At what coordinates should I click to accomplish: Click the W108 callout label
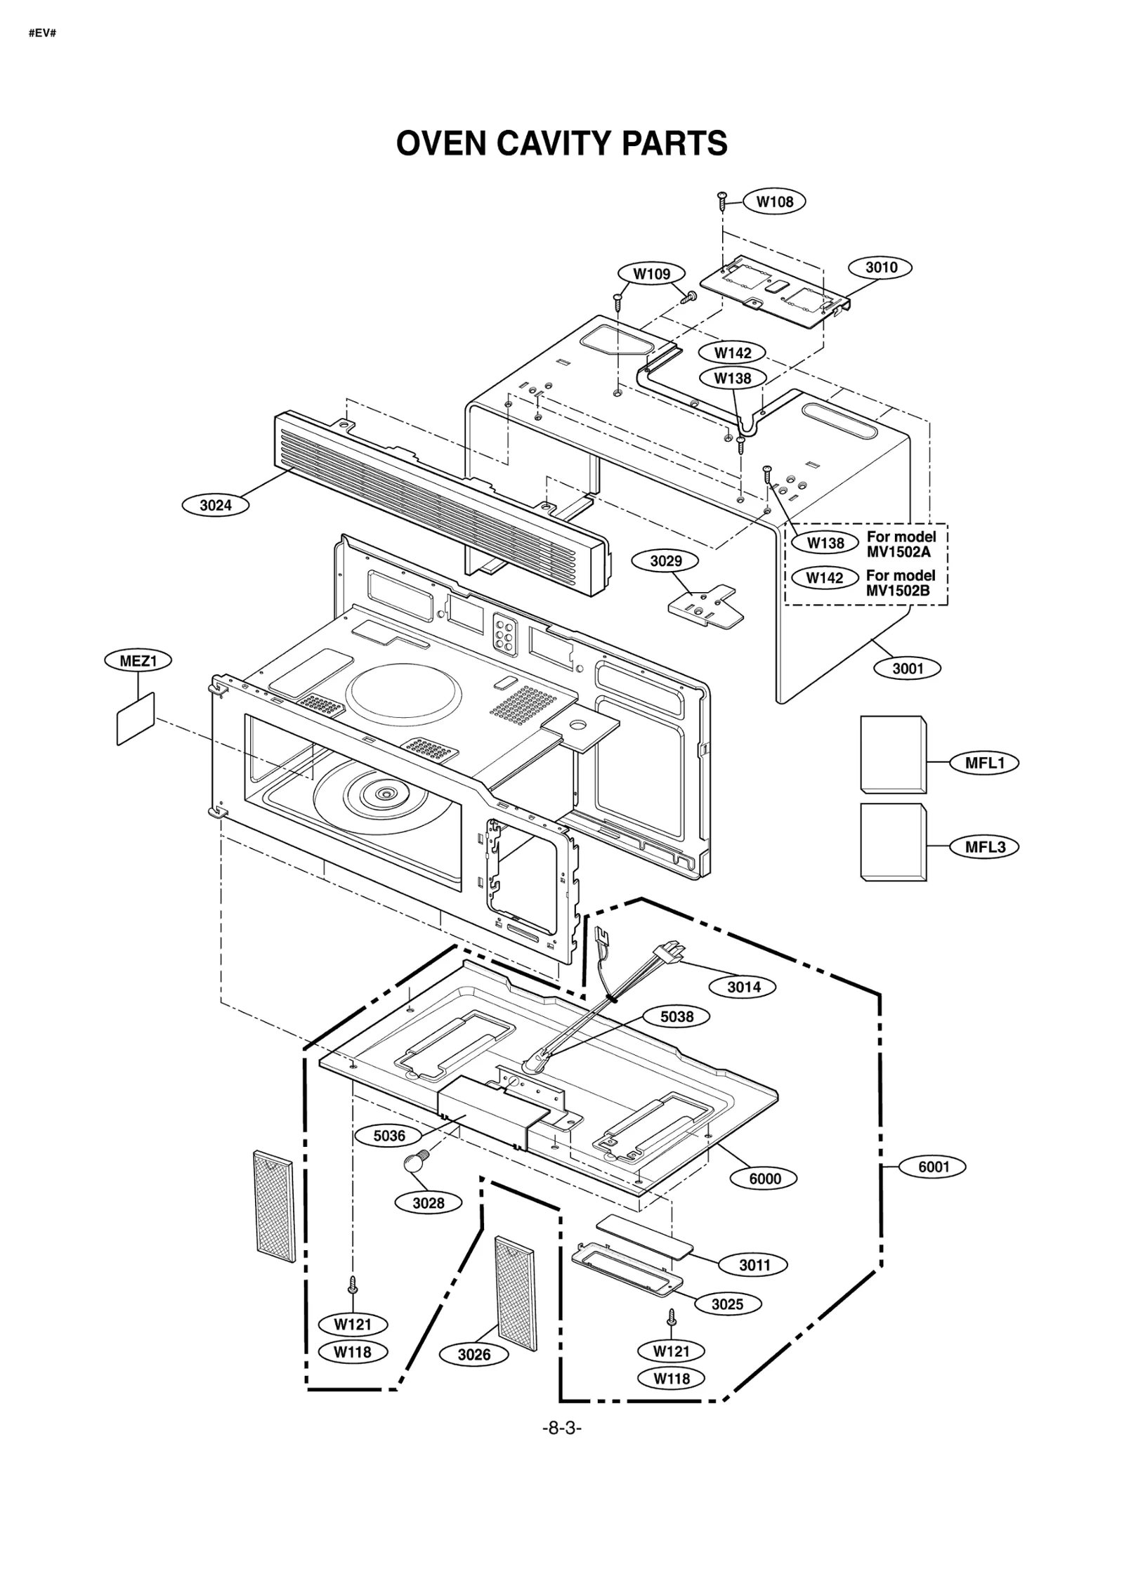(x=774, y=202)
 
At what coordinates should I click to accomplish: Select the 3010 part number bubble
(x=880, y=267)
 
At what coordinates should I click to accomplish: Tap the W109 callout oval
(x=651, y=274)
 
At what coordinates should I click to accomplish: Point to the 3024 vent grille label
(x=215, y=505)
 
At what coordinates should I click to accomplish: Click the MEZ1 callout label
(x=138, y=660)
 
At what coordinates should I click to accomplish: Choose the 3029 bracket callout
(x=665, y=560)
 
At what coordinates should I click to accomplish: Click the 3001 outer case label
(x=907, y=668)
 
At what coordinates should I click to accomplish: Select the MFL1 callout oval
(x=984, y=763)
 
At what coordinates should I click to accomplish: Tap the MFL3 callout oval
(x=984, y=847)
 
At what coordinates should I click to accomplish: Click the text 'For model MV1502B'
(x=901, y=583)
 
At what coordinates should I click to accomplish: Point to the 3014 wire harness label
(x=743, y=987)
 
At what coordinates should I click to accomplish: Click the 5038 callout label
(x=677, y=1016)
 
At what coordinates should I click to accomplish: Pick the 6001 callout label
(x=933, y=1167)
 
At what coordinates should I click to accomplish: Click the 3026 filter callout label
(x=473, y=1355)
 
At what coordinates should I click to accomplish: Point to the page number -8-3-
(x=561, y=1428)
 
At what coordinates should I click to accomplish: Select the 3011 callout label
(x=754, y=1265)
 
